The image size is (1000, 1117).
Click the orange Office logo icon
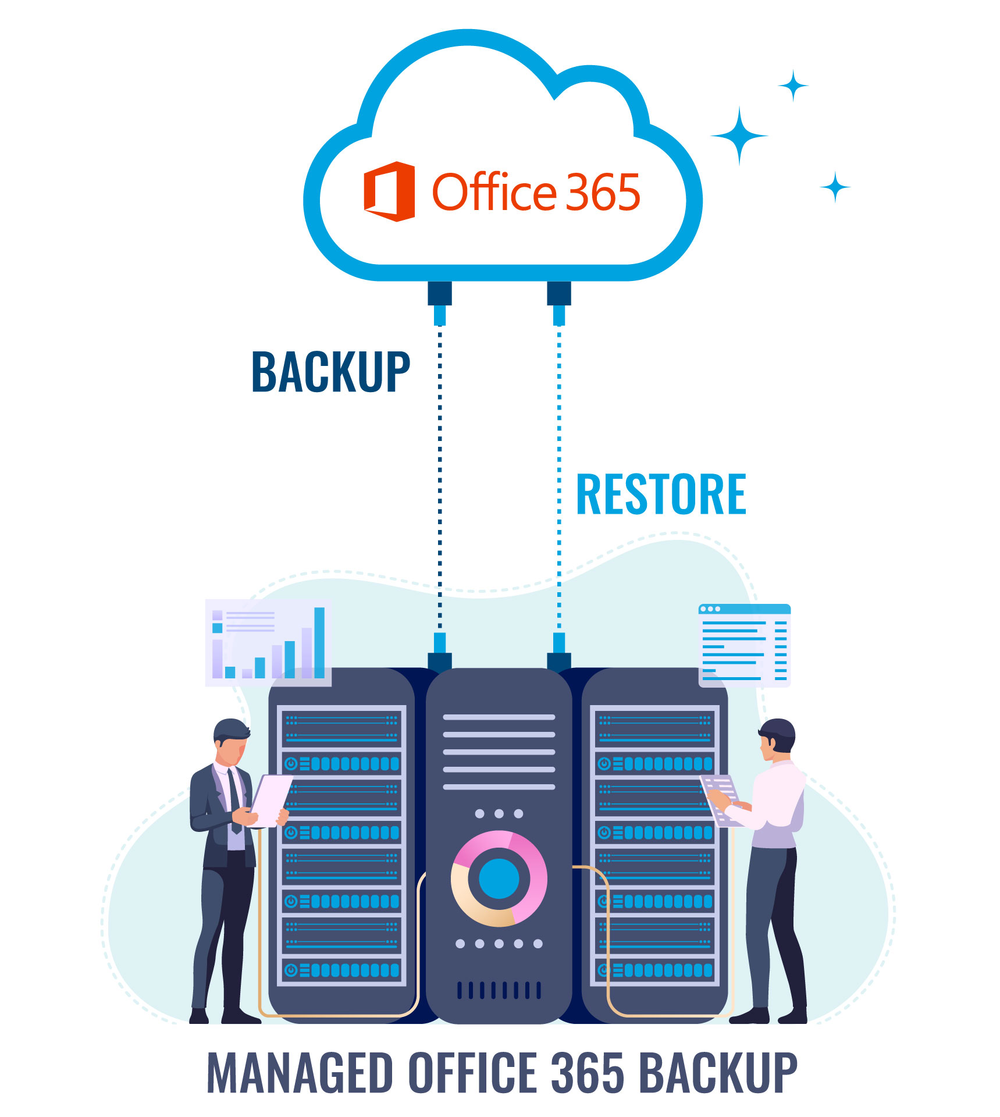tap(389, 191)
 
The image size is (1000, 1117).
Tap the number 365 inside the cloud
tap(603, 193)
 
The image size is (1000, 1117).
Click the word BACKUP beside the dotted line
tap(330, 372)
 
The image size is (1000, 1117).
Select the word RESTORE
tap(661, 495)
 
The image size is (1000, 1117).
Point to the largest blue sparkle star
tap(739, 136)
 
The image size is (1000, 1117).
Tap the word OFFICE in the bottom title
tap(472, 1072)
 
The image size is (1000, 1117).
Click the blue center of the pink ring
tap(499, 879)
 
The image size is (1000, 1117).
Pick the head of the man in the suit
tap(232, 742)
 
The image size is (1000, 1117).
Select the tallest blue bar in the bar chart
tap(319, 642)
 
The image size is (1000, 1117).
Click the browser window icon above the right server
tap(744, 645)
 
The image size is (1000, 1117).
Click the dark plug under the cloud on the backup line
tap(440, 293)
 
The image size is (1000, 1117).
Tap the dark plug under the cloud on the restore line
tap(559, 293)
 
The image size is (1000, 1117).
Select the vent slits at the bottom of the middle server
tap(499, 990)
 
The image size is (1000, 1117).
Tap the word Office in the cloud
tap(494, 192)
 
